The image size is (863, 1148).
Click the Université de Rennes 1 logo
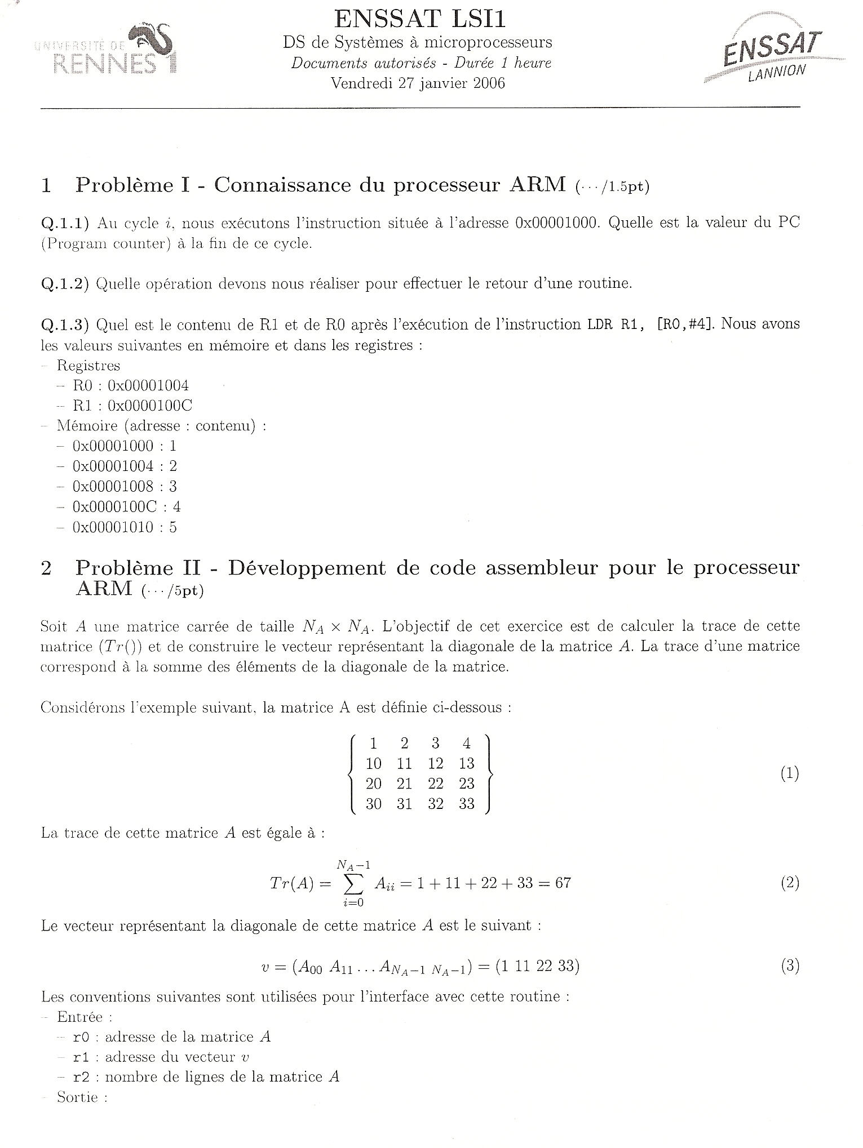tap(106, 50)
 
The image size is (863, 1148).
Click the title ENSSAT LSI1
tap(420, 19)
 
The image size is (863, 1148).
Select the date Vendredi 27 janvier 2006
tap(418, 83)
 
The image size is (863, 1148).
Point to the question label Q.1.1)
tap(65, 224)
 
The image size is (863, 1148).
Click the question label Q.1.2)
tap(65, 284)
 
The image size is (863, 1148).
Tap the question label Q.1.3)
tap(65, 325)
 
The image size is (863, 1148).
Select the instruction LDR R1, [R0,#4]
tap(646, 325)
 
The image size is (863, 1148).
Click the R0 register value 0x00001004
tap(148, 386)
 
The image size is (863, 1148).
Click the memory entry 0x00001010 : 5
tap(125, 527)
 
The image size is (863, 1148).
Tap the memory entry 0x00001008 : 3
tap(125, 487)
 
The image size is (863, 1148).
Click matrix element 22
tap(436, 784)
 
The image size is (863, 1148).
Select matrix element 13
tap(467, 764)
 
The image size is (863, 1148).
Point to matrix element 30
tap(373, 804)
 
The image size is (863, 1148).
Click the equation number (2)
tap(790, 883)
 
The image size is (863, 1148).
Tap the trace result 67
tap(563, 883)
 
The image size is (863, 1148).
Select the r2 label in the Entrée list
tap(81, 1078)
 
